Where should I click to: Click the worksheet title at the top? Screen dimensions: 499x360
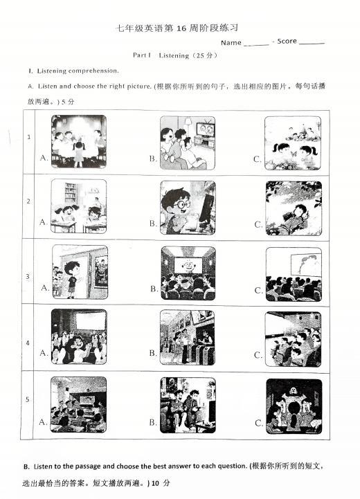pyautogui.click(x=181, y=28)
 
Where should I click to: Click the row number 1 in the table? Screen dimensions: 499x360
pyautogui.click(x=28, y=137)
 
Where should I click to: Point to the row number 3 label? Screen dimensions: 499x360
pyautogui.click(x=28, y=277)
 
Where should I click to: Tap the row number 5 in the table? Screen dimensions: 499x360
pyautogui.click(x=28, y=399)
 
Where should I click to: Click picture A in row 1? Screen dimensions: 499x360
pyautogui.click(x=78, y=141)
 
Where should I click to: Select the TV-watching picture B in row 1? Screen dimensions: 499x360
pyautogui.click(x=187, y=142)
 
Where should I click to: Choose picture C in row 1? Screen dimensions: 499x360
pyautogui.click(x=293, y=142)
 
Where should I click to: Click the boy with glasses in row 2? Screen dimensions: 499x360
pyautogui.click(x=187, y=207)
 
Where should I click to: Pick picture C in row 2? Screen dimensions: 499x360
pyautogui.click(x=293, y=208)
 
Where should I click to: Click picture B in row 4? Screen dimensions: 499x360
pyautogui.click(x=187, y=337)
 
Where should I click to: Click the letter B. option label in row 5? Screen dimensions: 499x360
pyautogui.click(x=153, y=421)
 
